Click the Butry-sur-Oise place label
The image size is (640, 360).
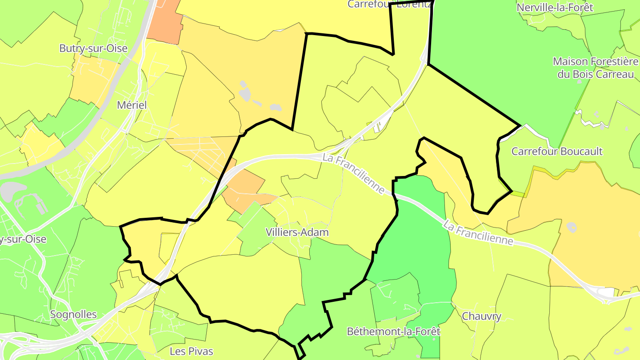click(93, 48)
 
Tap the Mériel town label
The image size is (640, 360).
click(132, 105)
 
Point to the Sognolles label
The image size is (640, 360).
click(73, 314)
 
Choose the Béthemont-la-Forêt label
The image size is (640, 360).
click(393, 331)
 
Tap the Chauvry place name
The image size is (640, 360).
click(482, 316)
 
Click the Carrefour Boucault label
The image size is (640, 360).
click(557, 151)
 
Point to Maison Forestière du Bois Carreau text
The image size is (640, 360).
click(595, 68)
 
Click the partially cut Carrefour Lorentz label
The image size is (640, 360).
click(389, 4)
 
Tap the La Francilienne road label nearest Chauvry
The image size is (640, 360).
click(478, 233)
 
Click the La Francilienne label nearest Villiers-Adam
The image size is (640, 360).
click(354, 173)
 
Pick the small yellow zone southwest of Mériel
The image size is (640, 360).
click(43, 144)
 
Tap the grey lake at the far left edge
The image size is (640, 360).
click(8, 192)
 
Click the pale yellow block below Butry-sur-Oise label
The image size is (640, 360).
click(93, 80)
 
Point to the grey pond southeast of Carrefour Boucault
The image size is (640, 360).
click(572, 228)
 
